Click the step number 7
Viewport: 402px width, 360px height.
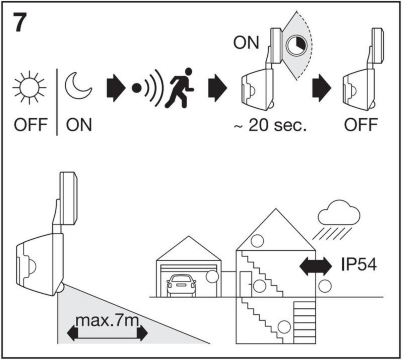click(20, 23)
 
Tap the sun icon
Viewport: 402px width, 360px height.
click(29, 87)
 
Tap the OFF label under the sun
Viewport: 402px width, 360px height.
click(30, 125)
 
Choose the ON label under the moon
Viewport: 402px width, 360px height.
click(79, 125)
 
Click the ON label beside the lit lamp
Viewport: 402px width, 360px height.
click(246, 43)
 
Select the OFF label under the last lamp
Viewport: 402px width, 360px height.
click(361, 125)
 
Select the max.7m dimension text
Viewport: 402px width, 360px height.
click(107, 321)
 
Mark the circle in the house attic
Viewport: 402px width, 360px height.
click(258, 241)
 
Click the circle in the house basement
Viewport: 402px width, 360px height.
click(284, 327)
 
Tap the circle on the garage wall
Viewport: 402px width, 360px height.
click(212, 277)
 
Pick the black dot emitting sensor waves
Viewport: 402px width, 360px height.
click(136, 88)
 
